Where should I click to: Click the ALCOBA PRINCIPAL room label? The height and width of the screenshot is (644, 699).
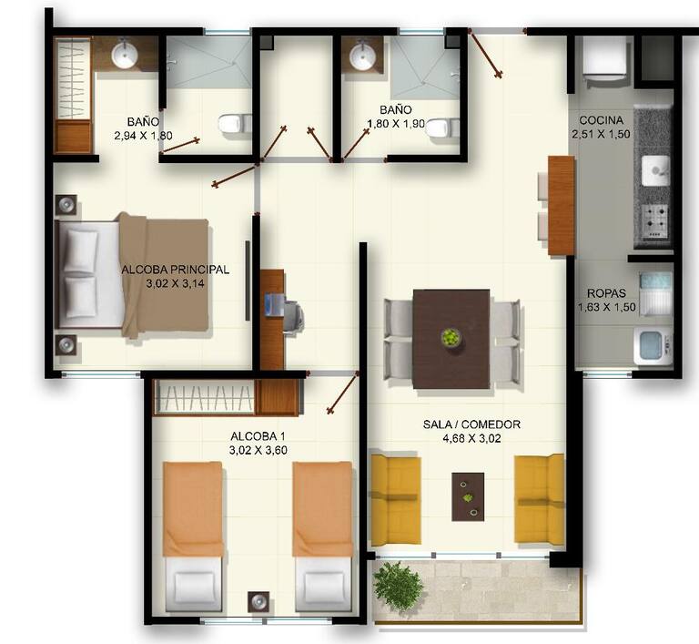point(175,270)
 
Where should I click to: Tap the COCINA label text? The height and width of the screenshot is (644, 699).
point(601,120)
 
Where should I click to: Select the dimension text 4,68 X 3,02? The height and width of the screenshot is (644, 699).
point(471,438)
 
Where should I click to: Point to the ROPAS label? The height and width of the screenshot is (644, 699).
point(606,293)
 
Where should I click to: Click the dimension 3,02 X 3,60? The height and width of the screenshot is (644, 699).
point(258,450)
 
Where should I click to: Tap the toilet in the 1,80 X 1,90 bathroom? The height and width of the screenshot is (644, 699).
point(441,128)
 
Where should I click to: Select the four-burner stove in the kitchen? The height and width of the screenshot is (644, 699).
point(654,221)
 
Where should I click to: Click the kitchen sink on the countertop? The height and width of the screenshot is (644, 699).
point(655,171)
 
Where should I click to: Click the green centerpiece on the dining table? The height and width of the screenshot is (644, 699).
point(451,337)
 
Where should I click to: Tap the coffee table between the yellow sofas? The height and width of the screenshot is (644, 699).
point(468,496)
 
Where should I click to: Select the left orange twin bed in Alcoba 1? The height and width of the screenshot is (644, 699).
point(193,536)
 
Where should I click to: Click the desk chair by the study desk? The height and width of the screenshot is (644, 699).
point(292,316)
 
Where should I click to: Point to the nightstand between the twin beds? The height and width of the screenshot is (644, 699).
point(258,601)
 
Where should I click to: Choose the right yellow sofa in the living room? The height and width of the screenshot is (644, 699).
point(540,499)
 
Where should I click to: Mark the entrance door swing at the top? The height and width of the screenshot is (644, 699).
point(485,53)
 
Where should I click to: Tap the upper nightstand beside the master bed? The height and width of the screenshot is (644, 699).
point(66,205)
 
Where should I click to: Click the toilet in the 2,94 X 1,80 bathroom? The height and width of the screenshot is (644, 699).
point(235,124)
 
